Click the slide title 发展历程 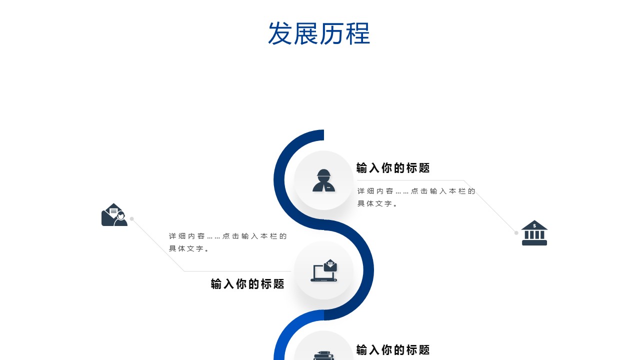point(319,34)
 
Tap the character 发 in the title point(280,34)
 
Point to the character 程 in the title point(358,34)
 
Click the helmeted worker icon point(323,180)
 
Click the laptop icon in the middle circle point(323,271)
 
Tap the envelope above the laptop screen point(330,265)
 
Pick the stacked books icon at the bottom point(323,355)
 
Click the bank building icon point(534,233)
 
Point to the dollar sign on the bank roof point(534,225)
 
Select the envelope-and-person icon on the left point(114,215)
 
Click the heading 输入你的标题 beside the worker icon point(393,168)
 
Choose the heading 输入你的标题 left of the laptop point(247,284)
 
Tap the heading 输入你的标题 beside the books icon point(393,350)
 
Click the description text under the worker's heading point(416,197)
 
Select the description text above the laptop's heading point(227,242)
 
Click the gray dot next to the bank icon point(516,232)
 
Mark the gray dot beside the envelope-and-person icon point(132,218)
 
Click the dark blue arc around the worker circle point(279,180)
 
